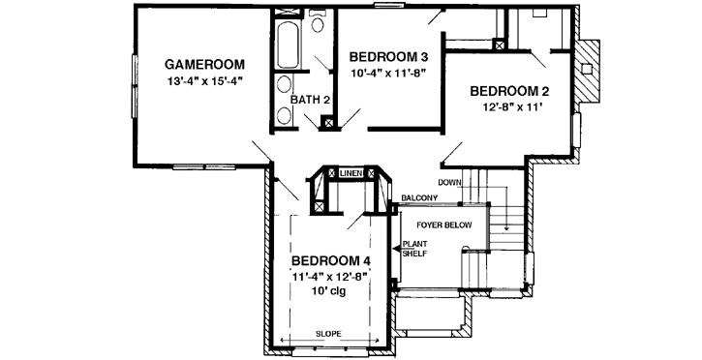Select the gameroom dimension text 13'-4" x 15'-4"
202,81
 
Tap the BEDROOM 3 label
388,56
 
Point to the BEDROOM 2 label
509,91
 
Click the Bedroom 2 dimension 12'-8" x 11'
509,108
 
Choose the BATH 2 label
311,99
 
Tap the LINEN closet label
351,173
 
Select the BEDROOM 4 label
331,260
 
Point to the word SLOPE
327,333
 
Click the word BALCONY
419,198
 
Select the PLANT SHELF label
414,249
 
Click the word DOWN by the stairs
449,182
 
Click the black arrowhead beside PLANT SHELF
396,249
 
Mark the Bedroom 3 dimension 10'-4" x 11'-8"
388,73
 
